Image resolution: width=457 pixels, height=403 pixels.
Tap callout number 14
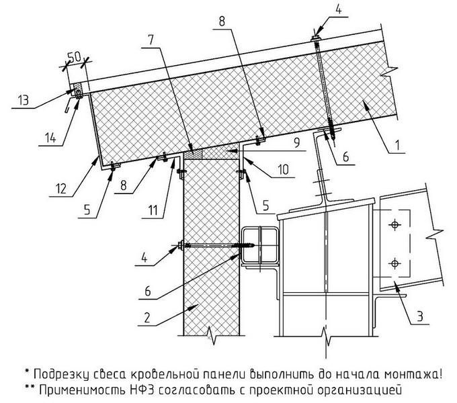(x=44, y=140)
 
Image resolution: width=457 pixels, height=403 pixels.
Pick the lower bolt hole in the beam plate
(x=392, y=262)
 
